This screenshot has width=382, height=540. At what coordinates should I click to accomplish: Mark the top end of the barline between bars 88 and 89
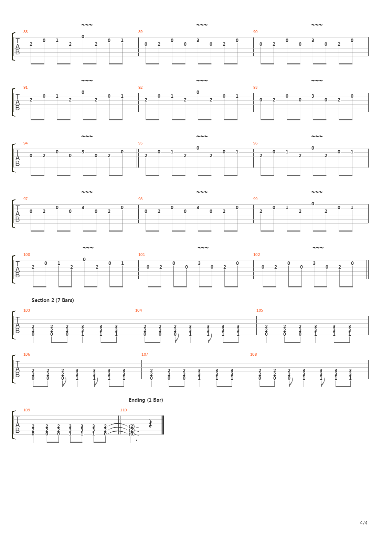[x=138, y=37]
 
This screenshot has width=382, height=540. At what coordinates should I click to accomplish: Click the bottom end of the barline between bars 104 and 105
[x=257, y=335]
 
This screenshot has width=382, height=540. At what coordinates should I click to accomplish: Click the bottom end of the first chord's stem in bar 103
[x=33, y=343]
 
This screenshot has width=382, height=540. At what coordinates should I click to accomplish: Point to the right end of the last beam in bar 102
[x=353, y=287]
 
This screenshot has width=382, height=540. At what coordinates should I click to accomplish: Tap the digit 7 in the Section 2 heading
[x=59, y=300]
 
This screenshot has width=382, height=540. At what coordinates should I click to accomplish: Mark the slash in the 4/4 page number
[x=363, y=523]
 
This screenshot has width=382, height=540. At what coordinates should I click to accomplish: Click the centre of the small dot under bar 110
[x=137, y=440]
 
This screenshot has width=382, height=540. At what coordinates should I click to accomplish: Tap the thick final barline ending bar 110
[x=163, y=425]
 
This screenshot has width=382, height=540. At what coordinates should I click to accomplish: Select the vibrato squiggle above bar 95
[x=202, y=136]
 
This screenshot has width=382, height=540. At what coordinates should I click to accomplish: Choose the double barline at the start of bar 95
[x=137, y=158]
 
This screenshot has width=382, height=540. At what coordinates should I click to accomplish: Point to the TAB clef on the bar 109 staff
[x=17, y=425]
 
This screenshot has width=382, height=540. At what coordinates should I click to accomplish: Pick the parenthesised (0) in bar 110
[x=132, y=434]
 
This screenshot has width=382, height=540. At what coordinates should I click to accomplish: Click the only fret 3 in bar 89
[x=198, y=40]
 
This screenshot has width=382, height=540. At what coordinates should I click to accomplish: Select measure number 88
[x=25, y=32]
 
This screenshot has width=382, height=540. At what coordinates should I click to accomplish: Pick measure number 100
[x=27, y=254]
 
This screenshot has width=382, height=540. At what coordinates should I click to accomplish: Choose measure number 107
[x=145, y=354]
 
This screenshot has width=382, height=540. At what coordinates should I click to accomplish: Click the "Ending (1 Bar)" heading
[x=146, y=400]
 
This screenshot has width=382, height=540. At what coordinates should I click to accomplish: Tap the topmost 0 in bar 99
[x=313, y=204]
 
